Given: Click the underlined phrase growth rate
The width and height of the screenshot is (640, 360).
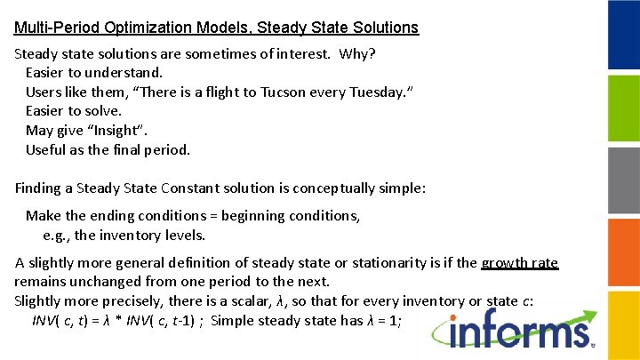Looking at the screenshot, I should click(x=519, y=262).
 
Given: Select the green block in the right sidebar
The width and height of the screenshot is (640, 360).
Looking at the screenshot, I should click(x=623, y=107).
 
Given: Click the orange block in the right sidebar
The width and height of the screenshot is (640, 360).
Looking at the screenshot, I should click(x=623, y=251).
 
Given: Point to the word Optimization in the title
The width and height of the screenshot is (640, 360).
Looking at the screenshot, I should click(x=145, y=28).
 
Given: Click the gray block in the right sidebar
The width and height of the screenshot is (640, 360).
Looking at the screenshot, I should click(x=623, y=179).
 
